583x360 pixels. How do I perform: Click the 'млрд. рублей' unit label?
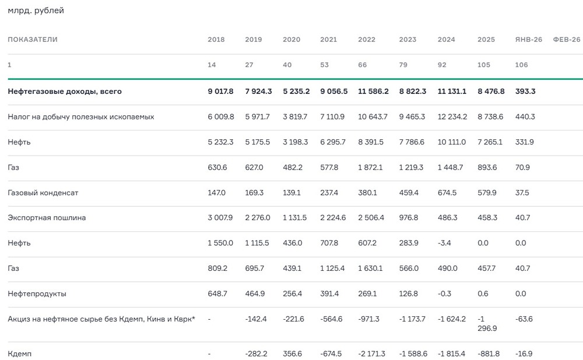click(36, 10)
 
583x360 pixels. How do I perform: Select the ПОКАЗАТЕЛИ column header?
click(33, 40)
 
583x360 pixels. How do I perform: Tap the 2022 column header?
click(367, 40)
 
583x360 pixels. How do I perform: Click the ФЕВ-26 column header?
click(566, 40)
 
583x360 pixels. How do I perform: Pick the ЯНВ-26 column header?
click(528, 40)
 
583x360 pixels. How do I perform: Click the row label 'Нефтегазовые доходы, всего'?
click(65, 91)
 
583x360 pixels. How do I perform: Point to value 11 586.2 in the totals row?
click(373, 91)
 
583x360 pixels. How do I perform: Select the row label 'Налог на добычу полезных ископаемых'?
click(81, 117)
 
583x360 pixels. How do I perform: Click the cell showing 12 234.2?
click(452, 117)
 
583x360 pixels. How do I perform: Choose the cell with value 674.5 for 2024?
click(448, 192)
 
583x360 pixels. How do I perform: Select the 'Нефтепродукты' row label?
click(37, 294)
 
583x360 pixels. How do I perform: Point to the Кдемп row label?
click(19, 354)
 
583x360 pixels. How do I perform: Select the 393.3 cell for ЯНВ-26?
click(525, 91)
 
